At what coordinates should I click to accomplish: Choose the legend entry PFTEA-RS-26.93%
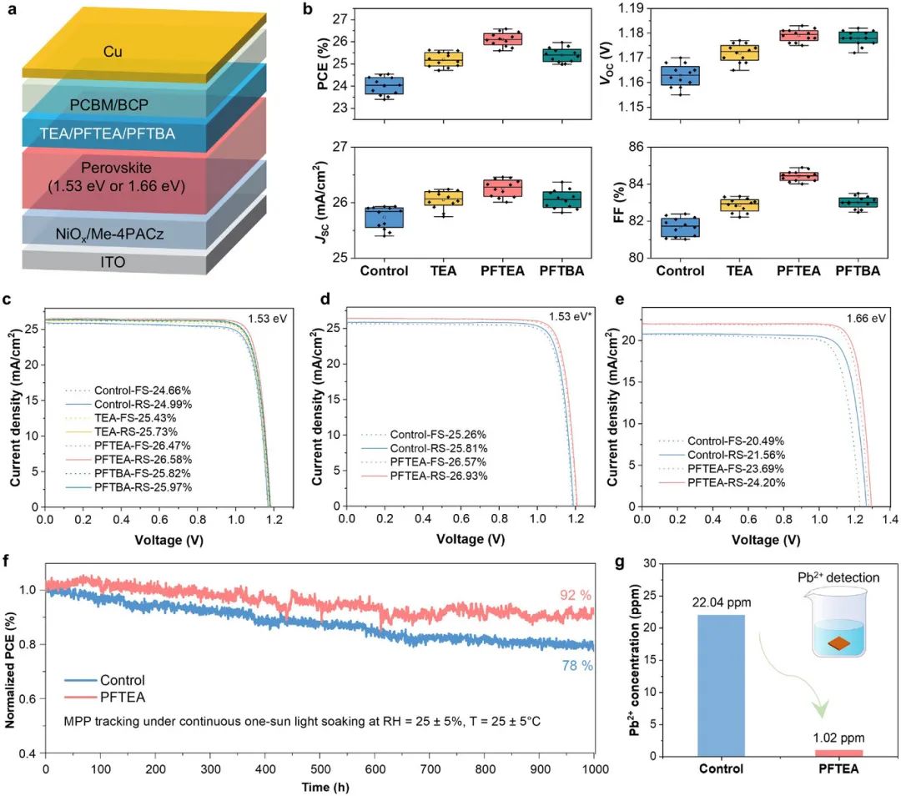click(x=425, y=476)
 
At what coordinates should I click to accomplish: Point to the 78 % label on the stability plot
click(x=575, y=665)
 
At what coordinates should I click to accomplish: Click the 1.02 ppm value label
click(x=838, y=738)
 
